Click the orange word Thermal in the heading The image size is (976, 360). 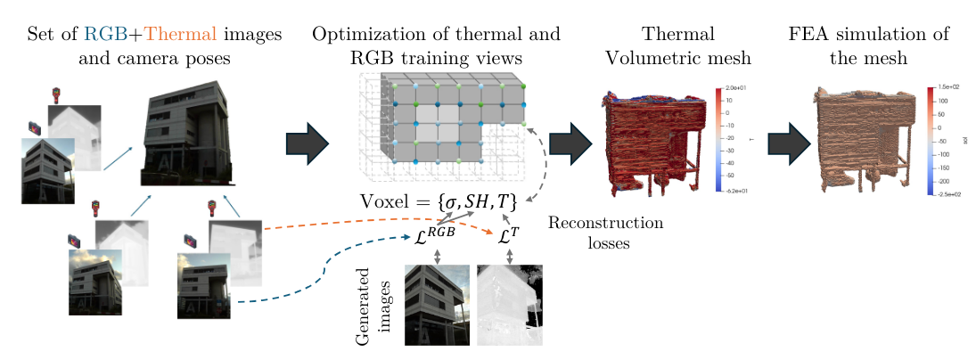(181, 35)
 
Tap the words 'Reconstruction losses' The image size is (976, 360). (605, 232)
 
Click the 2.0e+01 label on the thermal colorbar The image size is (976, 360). (736, 89)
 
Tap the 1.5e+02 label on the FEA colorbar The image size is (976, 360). (949, 89)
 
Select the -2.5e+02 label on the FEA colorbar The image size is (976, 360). (950, 192)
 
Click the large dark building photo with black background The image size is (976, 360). (189, 132)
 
